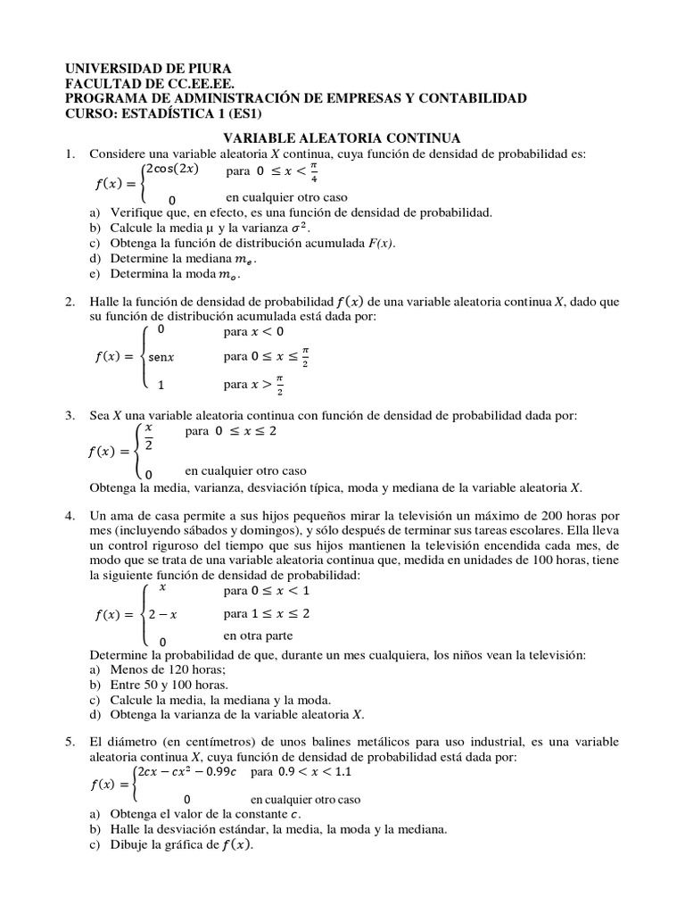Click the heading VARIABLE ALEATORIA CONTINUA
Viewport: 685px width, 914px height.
point(341,138)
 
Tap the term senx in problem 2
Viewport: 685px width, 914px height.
point(161,357)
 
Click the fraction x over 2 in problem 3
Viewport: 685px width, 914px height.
point(149,438)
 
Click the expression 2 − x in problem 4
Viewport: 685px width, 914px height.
point(162,615)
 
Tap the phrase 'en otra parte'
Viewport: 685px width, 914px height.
point(259,636)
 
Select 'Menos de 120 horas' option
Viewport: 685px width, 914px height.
point(168,669)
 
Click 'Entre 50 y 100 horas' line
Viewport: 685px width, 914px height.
point(171,684)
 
